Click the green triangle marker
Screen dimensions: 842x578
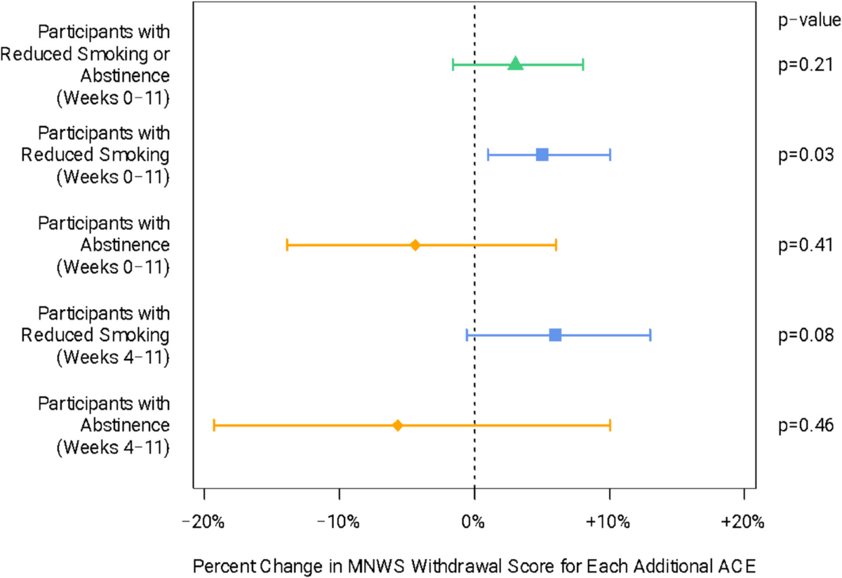[x=515, y=64]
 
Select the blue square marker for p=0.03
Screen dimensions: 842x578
[x=542, y=155]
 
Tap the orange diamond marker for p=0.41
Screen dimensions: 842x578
[x=415, y=245]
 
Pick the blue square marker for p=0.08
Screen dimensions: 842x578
[x=555, y=335]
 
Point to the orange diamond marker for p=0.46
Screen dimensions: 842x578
[x=398, y=426]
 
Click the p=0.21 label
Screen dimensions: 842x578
[x=806, y=65]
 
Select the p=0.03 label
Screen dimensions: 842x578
[x=806, y=155]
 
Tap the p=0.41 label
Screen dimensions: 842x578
[x=806, y=245]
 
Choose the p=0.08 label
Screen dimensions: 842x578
[x=806, y=335]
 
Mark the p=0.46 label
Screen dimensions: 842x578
[x=806, y=426]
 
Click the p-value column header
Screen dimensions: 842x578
[x=810, y=20]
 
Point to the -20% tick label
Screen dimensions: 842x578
[x=203, y=523]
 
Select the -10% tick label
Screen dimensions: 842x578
[x=338, y=523]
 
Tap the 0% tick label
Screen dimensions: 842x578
[x=473, y=523]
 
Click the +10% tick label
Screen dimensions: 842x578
[x=608, y=523]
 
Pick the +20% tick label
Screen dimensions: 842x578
[x=743, y=523]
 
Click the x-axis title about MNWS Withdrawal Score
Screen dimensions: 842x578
[x=474, y=566]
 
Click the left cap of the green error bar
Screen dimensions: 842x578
[x=453, y=65]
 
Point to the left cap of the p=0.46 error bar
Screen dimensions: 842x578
[x=214, y=426]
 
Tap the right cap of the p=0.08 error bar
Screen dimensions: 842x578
[x=650, y=335]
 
